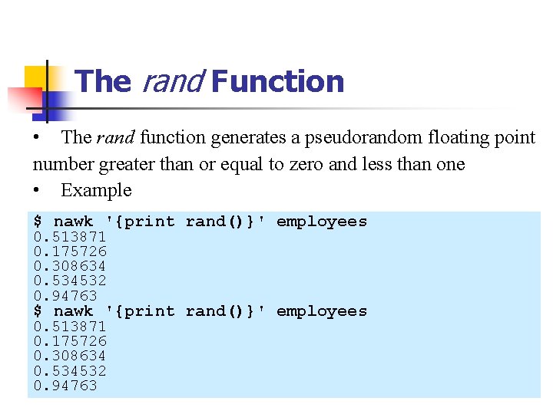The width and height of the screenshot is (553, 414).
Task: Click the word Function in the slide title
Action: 277,81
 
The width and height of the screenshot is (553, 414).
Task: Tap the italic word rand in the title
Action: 171,81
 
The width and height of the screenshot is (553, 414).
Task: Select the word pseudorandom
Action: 359,138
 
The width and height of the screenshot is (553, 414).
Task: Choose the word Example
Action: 96,190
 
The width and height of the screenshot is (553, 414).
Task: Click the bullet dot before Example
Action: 36,190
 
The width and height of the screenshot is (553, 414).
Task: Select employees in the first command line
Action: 322,222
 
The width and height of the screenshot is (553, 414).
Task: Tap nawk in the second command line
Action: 73,311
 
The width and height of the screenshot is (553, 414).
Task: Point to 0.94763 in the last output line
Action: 65,386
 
